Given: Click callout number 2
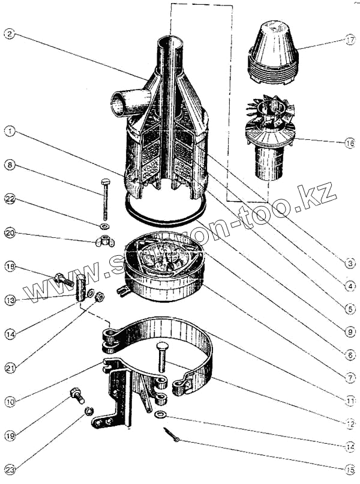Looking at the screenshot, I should click(x=8, y=34).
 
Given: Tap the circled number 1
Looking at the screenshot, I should click(x=8, y=130).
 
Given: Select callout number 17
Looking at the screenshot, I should click(x=350, y=41).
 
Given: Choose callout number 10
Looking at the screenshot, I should click(x=8, y=401).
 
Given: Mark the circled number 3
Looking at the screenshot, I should click(x=350, y=263).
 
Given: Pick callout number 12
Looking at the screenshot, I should click(x=350, y=423).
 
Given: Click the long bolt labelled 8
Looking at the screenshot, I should click(x=106, y=198).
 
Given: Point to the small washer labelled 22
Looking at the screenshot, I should click(x=104, y=226).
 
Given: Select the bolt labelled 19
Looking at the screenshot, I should click(x=77, y=395).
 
